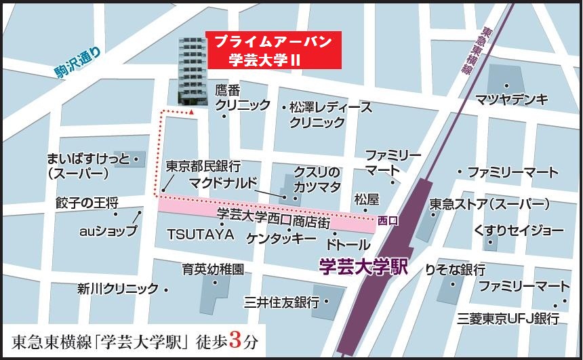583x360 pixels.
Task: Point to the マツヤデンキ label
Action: coord(511,100)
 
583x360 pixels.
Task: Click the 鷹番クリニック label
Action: coord(243,98)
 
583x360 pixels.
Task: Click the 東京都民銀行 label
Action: coord(203,165)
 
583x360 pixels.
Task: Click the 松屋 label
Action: coord(366,199)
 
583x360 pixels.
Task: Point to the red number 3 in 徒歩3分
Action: coord(236,340)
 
